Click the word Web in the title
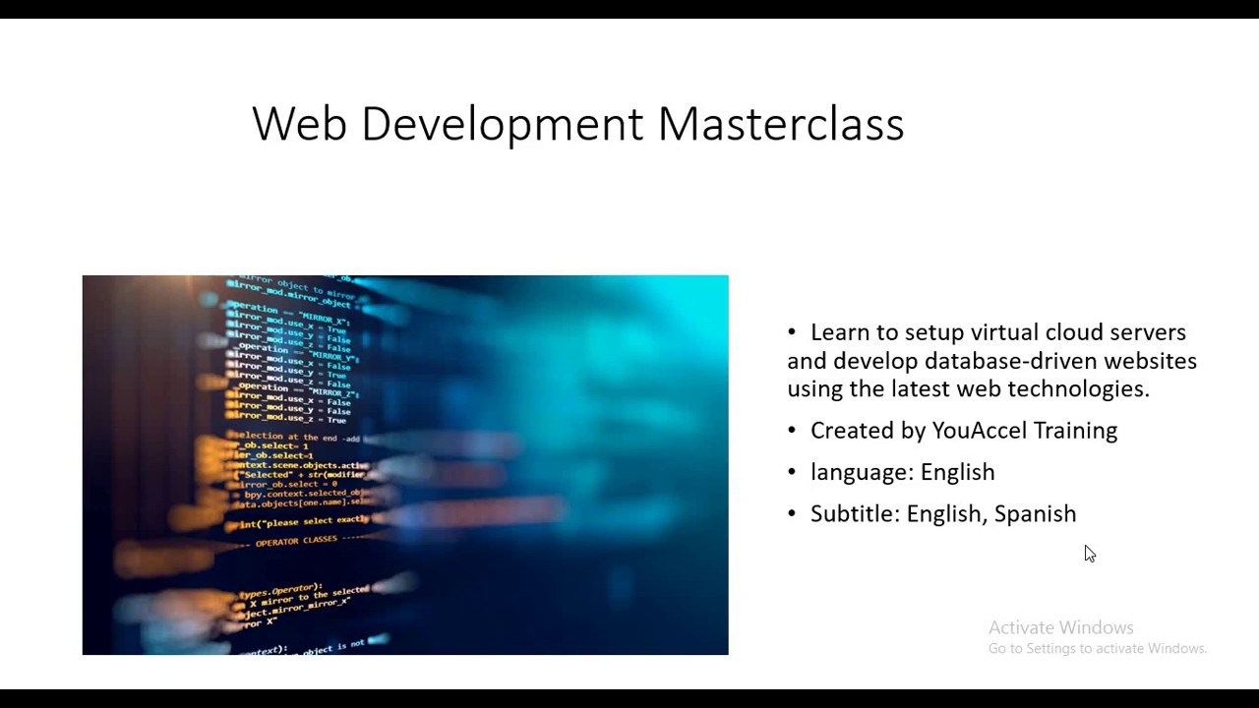click(x=299, y=125)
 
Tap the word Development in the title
click(x=503, y=125)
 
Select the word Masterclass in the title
click(x=780, y=125)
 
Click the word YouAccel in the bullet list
click(x=980, y=431)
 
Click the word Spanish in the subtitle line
click(x=1035, y=514)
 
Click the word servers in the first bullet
click(x=1152, y=332)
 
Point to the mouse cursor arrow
click(x=1089, y=554)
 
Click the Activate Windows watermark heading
click(x=1060, y=627)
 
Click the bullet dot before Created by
click(x=792, y=431)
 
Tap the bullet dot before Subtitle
click(x=792, y=514)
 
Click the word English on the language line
click(x=957, y=473)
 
